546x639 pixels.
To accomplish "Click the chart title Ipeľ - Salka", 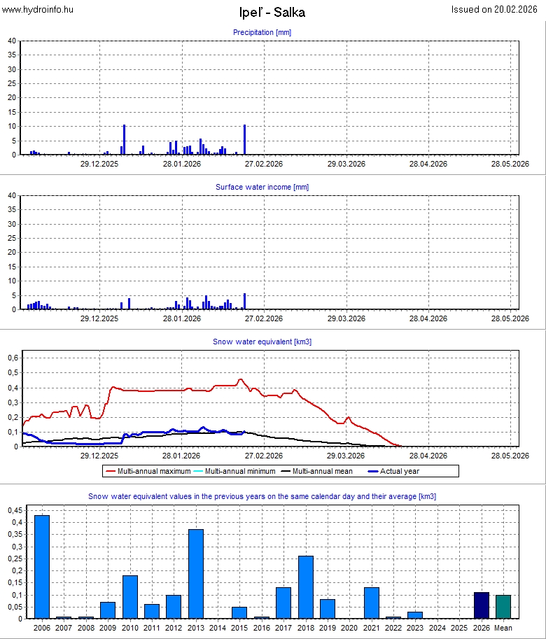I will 272,12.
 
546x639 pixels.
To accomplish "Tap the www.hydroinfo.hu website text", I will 38,9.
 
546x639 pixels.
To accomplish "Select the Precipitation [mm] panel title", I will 262,32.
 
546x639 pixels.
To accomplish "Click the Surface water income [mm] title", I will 262,187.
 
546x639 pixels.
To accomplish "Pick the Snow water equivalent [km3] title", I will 262,342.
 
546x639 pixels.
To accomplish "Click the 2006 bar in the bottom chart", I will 42,567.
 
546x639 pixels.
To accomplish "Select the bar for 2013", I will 196,574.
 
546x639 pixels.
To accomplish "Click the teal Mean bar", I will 503,607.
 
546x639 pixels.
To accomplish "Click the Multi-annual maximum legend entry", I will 146,471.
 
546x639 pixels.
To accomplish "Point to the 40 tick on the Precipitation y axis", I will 12,41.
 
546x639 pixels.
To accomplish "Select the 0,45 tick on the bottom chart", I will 14,510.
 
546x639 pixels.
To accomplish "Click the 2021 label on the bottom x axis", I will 372,629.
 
